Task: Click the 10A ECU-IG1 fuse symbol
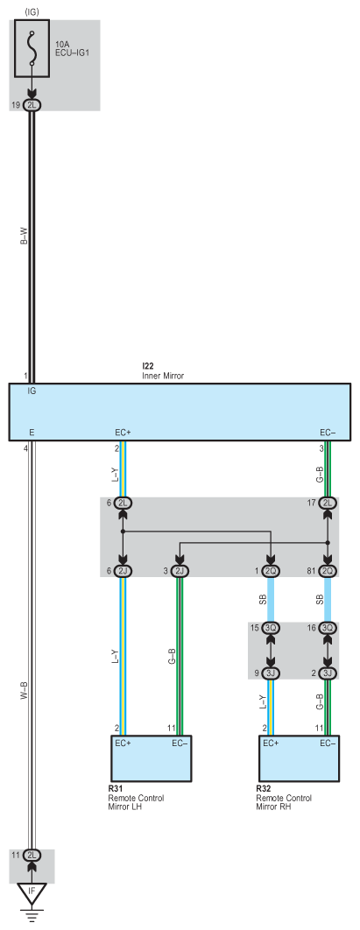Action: [32, 49]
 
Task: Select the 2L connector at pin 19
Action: [32, 105]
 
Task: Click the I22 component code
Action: [147, 367]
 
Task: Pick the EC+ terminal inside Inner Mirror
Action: [123, 433]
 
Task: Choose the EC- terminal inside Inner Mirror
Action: [328, 433]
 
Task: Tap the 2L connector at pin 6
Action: [124, 503]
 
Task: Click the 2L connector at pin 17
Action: [328, 503]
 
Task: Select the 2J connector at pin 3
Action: [179, 571]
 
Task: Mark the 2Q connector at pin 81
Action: [328, 571]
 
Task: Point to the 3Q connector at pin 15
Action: [271, 628]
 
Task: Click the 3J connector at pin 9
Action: [271, 673]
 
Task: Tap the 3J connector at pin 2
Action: [328, 673]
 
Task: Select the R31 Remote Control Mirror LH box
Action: [152, 758]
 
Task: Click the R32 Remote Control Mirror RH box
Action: [299, 758]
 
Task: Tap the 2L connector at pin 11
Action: [32, 856]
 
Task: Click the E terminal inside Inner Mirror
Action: [31, 433]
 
